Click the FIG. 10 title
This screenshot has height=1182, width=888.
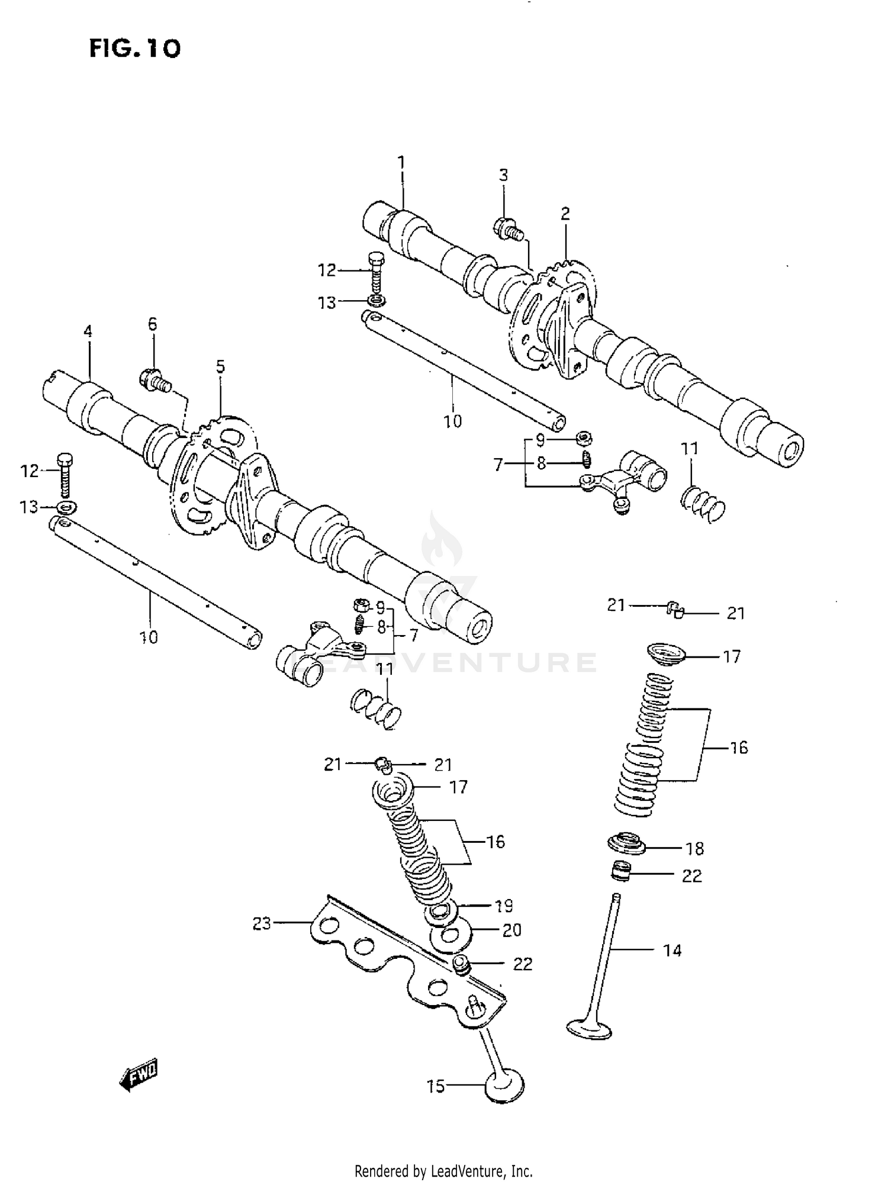coord(134,48)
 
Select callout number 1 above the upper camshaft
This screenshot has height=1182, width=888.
coord(401,162)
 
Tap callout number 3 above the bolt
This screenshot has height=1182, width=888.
coord(503,175)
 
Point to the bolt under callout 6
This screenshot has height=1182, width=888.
coord(155,380)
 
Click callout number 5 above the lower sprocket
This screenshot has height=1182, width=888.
coord(220,367)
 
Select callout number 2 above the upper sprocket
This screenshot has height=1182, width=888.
coord(565,214)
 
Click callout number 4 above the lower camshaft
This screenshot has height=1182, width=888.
coord(88,331)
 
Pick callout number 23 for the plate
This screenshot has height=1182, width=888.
coord(262,923)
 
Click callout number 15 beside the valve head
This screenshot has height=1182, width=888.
coord(436,1086)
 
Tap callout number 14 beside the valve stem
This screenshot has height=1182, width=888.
coord(673,951)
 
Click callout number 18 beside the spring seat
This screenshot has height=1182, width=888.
coord(694,849)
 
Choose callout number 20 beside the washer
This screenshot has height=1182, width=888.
coord(511,930)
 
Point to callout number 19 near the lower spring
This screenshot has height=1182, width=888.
coord(504,906)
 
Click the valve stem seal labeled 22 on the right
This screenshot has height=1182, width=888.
coord(622,871)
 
